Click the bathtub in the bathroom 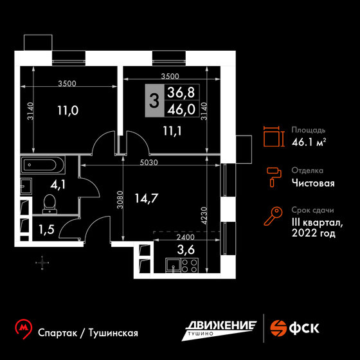coord(43,165)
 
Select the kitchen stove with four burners coord(190,265)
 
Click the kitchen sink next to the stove coord(174,265)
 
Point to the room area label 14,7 coord(147,199)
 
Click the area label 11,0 coord(67,111)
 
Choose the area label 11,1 coord(172,131)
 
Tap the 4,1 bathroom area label coord(58,184)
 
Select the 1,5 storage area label coord(46,230)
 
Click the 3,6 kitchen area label coord(186,249)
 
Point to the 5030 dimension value coord(149,163)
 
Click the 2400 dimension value coord(186,237)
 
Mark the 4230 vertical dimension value coord(204,216)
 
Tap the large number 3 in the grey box coord(154,101)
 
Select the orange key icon coord(273,216)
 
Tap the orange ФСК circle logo coord(278,328)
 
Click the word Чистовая coord(313,183)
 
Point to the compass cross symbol coord(42,263)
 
